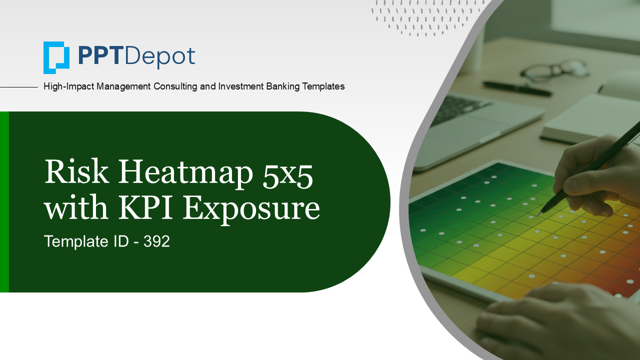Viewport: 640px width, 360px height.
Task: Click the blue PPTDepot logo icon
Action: click(x=56, y=57)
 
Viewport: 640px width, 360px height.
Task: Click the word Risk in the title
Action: click(x=76, y=172)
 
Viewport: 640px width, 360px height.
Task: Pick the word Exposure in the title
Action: click(x=251, y=209)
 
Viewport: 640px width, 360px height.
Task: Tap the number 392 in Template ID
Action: click(x=156, y=241)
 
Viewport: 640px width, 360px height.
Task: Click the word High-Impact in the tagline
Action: click(x=69, y=86)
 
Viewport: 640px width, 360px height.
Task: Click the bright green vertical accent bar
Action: click(x=4, y=202)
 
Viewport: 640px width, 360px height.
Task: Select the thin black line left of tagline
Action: click(x=19, y=87)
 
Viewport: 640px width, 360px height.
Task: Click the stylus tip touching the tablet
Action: click(x=540, y=213)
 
